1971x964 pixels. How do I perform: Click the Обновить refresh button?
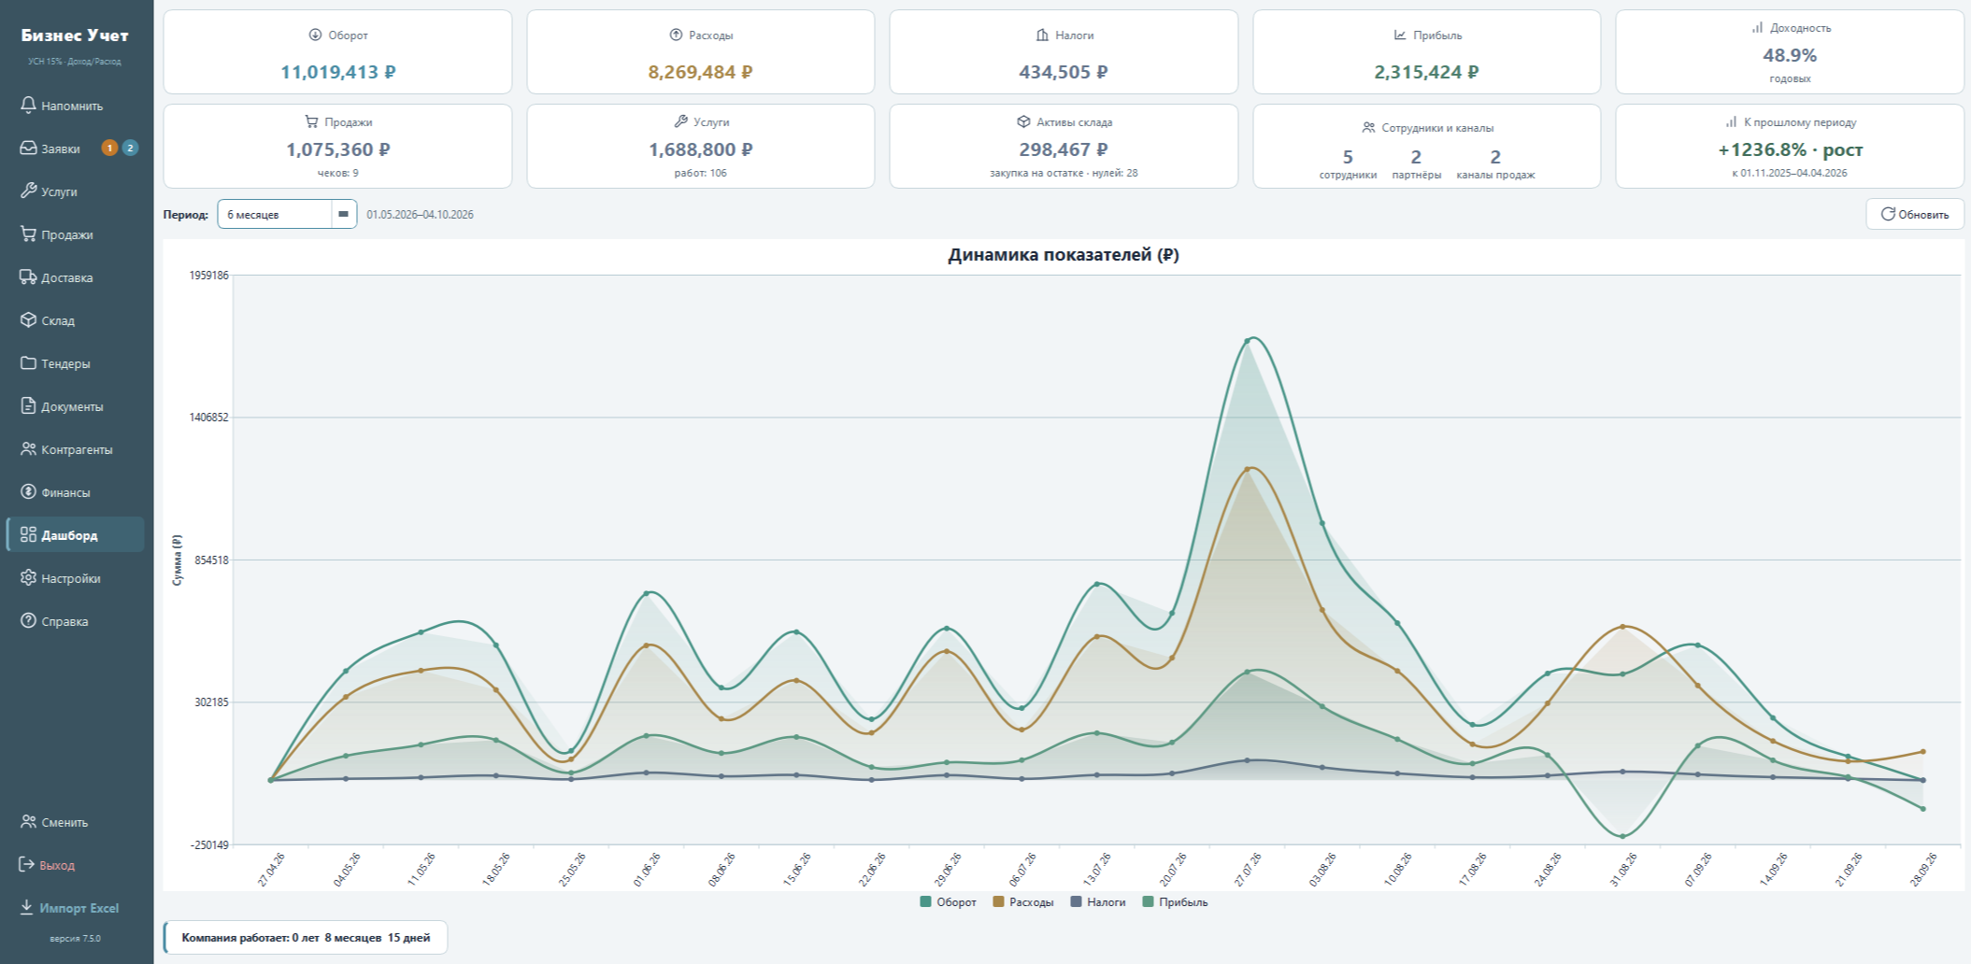point(1915,214)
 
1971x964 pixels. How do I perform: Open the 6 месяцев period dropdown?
point(287,214)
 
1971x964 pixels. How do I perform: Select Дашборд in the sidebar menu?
point(75,535)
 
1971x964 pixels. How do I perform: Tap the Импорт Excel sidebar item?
point(69,908)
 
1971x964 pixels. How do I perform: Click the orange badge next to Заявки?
point(109,148)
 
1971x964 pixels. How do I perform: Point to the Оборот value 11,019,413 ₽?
point(338,72)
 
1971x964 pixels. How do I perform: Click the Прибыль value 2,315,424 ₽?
point(1426,72)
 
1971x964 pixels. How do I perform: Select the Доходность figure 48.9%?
point(1790,55)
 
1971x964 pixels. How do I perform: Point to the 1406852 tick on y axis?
point(209,418)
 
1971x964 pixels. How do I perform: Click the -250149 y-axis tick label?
point(209,845)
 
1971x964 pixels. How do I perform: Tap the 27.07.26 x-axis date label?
point(1247,869)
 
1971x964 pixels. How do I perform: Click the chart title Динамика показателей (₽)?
point(1064,255)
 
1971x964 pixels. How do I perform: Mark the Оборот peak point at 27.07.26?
point(1248,341)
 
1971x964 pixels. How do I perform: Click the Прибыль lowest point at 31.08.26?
point(1622,836)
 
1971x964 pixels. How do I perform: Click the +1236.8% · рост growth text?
point(1790,149)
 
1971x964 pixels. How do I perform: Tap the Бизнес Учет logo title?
point(75,35)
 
